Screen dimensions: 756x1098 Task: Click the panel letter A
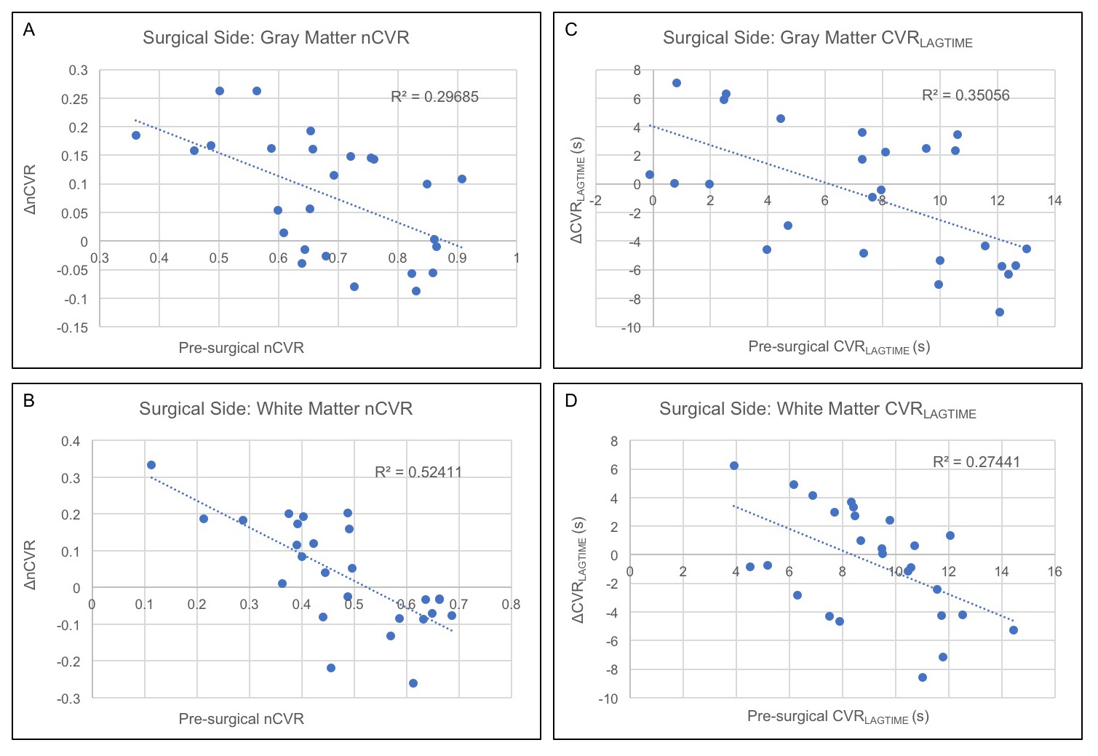tap(29, 30)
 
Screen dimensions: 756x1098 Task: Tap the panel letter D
tap(571, 401)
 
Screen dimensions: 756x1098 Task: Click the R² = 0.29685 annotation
tap(434, 97)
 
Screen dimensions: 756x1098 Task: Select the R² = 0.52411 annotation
tap(418, 472)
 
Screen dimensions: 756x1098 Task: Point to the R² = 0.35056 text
tap(965, 95)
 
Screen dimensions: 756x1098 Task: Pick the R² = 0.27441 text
tap(976, 462)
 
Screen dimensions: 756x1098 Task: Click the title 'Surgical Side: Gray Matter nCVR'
tap(276, 38)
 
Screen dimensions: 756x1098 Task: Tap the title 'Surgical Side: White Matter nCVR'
tap(276, 409)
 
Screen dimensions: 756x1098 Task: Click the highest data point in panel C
tap(676, 83)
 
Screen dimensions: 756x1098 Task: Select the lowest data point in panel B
tap(413, 683)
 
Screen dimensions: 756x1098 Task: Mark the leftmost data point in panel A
tap(136, 135)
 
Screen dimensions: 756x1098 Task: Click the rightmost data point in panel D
tap(1013, 630)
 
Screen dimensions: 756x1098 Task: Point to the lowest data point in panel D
tap(923, 677)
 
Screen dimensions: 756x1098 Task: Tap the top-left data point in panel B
tap(151, 465)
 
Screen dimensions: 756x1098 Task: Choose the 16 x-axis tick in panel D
tap(1054, 572)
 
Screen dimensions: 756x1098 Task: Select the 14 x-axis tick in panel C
tap(1054, 201)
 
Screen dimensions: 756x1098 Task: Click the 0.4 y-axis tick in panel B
tap(71, 442)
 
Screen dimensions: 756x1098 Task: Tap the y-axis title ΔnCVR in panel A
tap(30, 190)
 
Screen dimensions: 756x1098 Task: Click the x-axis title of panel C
tap(839, 347)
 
